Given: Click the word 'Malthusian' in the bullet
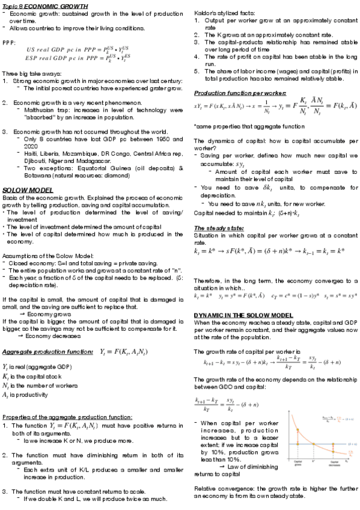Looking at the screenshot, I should click(x=39, y=110).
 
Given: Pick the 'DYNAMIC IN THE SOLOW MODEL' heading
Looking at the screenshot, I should click(x=243, y=315).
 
